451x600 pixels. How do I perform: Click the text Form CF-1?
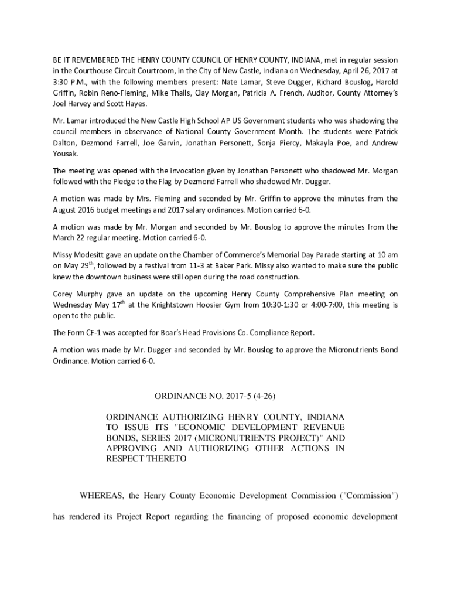pos(84,333)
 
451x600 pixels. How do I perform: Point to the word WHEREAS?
pos(101,496)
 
